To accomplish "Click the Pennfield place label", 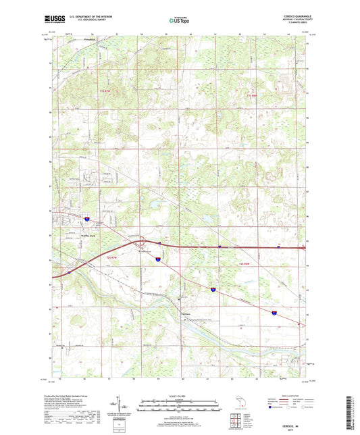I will click(x=82, y=40).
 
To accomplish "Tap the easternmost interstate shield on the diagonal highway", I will click(x=274, y=313).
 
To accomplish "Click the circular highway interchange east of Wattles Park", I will click(x=141, y=242).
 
